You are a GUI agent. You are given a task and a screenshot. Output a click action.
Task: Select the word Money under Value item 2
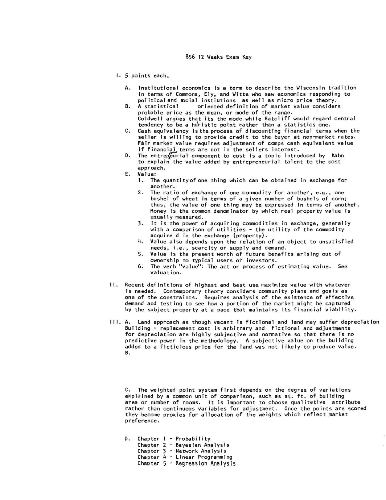(158, 211)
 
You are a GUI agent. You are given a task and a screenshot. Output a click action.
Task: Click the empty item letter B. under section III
(127, 353)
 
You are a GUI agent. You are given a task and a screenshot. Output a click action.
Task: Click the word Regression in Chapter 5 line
(190, 463)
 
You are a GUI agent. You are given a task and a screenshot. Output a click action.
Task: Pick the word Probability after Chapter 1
(193, 439)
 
